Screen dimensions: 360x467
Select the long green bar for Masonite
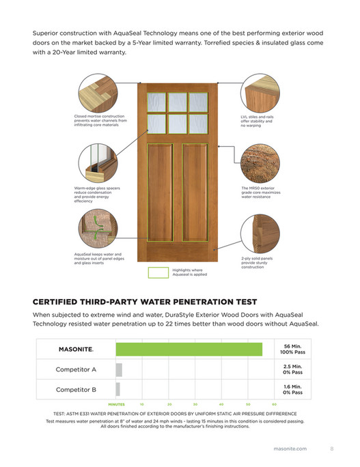coord(189,349)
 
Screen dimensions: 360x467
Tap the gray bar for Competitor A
coord(119,370)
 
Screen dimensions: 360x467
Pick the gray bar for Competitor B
coord(117,390)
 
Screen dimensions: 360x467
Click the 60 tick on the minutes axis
coord(273,404)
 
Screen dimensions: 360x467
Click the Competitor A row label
coord(76,370)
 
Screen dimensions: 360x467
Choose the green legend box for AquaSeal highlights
coord(158,273)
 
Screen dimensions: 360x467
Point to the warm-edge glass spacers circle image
coord(96,162)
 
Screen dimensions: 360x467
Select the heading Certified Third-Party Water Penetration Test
coord(145,301)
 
